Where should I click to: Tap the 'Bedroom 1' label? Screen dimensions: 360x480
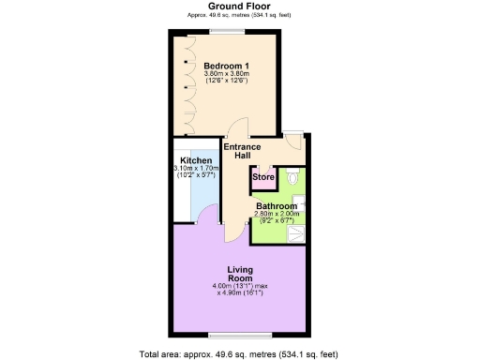224,65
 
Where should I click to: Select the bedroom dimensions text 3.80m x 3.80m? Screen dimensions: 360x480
224,74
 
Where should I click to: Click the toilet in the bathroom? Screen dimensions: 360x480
293,176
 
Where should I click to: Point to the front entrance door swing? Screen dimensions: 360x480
292,142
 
